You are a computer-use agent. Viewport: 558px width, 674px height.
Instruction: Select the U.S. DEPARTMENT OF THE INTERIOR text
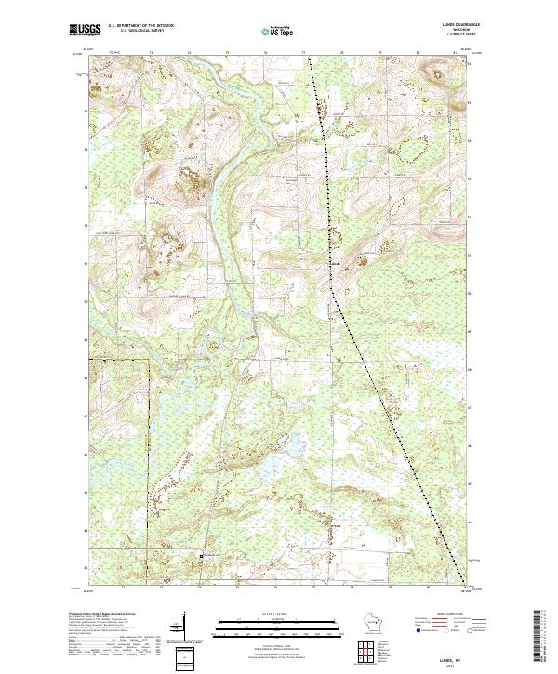tap(141, 25)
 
